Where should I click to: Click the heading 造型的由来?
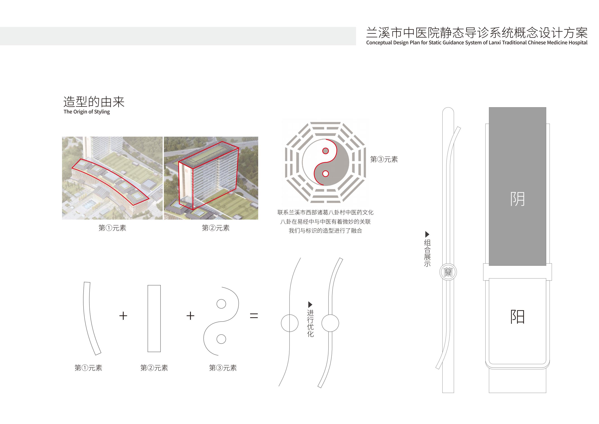click(x=94, y=102)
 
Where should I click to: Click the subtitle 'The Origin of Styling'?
click(x=87, y=112)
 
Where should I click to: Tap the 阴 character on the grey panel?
click(x=517, y=199)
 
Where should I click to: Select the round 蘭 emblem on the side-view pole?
click(x=448, y=272)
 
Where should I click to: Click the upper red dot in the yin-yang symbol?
click(x=326, y=151)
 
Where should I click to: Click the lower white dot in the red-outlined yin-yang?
click(x=326, y=174)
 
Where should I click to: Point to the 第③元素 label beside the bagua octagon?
click(x=384, y=160)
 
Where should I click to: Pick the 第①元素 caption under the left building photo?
click(x=112, y=228)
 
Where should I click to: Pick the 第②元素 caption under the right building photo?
click(x=216, y=228)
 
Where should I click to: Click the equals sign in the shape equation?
click(x=254, y=316)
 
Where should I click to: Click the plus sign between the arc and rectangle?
click(x=123, y=316)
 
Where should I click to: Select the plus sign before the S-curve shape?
click(x=190, y=316)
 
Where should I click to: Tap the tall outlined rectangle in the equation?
click(x=154, y=319)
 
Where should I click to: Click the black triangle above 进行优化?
click(x=310, y=304)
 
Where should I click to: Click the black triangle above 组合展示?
click(x=427, y=234)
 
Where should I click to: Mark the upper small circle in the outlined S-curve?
click(x=221, y=304)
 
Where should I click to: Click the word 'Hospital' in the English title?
click(x=578, y=43)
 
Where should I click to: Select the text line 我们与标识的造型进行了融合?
click(x=325, y=231)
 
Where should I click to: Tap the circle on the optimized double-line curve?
click(x=330, y=323)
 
